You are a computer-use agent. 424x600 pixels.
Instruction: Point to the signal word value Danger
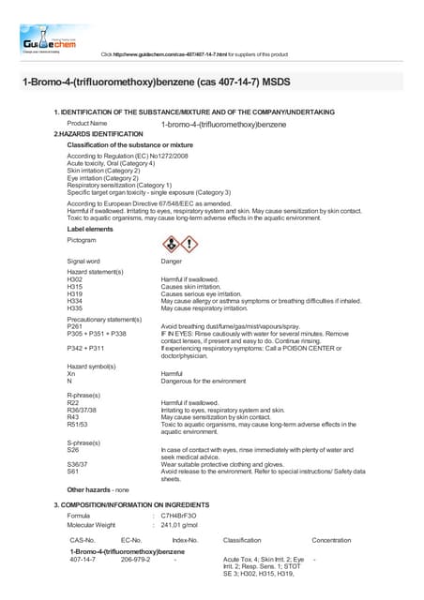pyautogui.click(x=172, y=262)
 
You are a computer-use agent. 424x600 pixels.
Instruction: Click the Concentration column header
pyautogui.click(x=330, y=541)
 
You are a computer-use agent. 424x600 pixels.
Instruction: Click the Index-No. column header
pyautogui.click(x=185, y=541)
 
